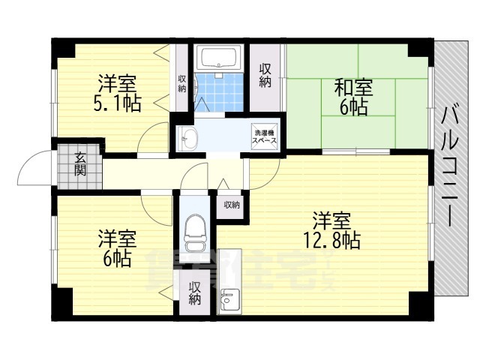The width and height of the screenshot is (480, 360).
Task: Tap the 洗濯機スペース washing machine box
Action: pos(265,136)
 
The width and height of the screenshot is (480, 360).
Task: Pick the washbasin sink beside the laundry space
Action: pos(190,138)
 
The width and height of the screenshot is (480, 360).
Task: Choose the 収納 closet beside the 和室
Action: pos(265,75)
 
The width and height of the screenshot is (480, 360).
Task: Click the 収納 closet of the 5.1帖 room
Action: pos(181,83)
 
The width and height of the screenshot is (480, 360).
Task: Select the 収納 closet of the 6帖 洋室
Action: pos(194,293)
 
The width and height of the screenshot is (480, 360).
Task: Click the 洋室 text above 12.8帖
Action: pos(331,221)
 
